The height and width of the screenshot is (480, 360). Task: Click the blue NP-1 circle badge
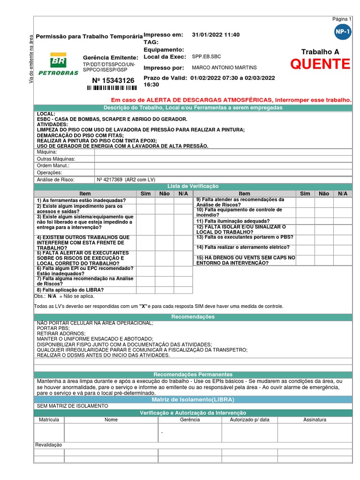(343, 32)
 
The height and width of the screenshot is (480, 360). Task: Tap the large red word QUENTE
(320, 65)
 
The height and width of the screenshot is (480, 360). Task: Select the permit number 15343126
(113, 81)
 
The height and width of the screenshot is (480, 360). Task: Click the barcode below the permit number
(112, 88)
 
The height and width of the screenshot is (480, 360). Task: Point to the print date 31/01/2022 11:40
(216, 35)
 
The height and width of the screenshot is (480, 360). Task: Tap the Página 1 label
(341, 19)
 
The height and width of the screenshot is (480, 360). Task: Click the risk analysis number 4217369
(110, 180)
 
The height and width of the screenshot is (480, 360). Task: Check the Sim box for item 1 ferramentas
(145, 200)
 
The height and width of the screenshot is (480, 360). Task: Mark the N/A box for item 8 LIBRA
(183, 290)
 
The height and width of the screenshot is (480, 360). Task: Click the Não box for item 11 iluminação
(323, 221)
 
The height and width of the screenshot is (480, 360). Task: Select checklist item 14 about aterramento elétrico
(243, 247)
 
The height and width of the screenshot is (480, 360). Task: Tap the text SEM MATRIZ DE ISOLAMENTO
(72, 405)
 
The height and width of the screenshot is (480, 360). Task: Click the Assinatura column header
(314, 420)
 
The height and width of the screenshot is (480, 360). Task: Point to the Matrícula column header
(49, 420)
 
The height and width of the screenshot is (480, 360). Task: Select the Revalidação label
(49, 445)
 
